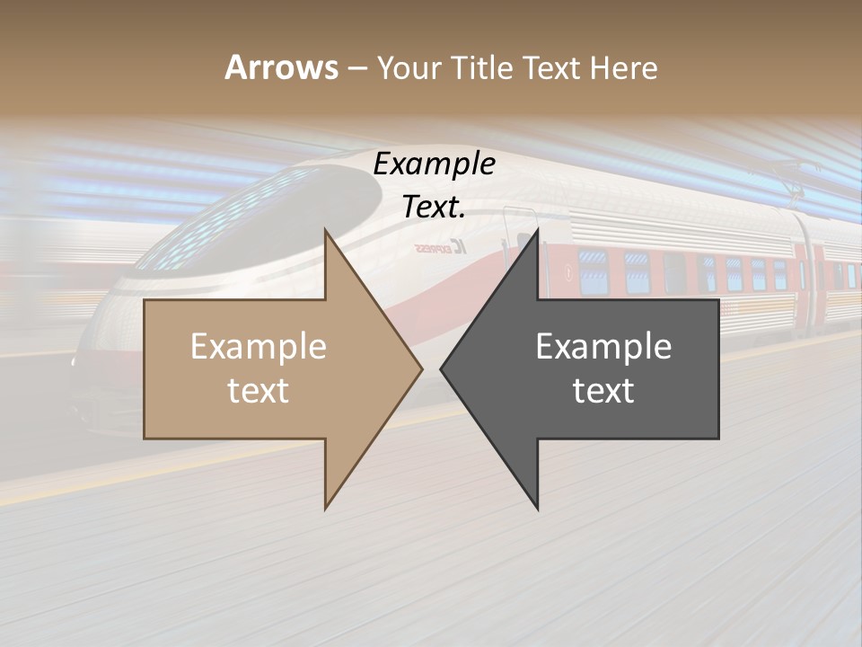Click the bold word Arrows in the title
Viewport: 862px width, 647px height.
point(281,67)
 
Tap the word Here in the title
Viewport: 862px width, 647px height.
point(624,67)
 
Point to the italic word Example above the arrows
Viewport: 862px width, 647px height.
point(435,164)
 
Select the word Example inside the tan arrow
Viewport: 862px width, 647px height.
point(258,347)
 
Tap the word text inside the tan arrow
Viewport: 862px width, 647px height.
point(258,391)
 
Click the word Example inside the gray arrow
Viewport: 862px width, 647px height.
point(603,347)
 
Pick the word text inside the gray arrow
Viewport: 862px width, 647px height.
point(603,391)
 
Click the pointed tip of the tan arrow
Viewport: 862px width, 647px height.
point(421,368)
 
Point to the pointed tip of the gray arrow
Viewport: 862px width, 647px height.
point(441,368)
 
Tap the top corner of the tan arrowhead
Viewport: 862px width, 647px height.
point(326,230)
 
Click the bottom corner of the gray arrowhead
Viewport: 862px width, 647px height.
point(537,509)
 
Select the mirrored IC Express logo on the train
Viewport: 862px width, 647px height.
point(439,247)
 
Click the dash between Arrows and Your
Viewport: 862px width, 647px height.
point(357,68)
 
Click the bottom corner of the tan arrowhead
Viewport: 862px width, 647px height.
point(326,509)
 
